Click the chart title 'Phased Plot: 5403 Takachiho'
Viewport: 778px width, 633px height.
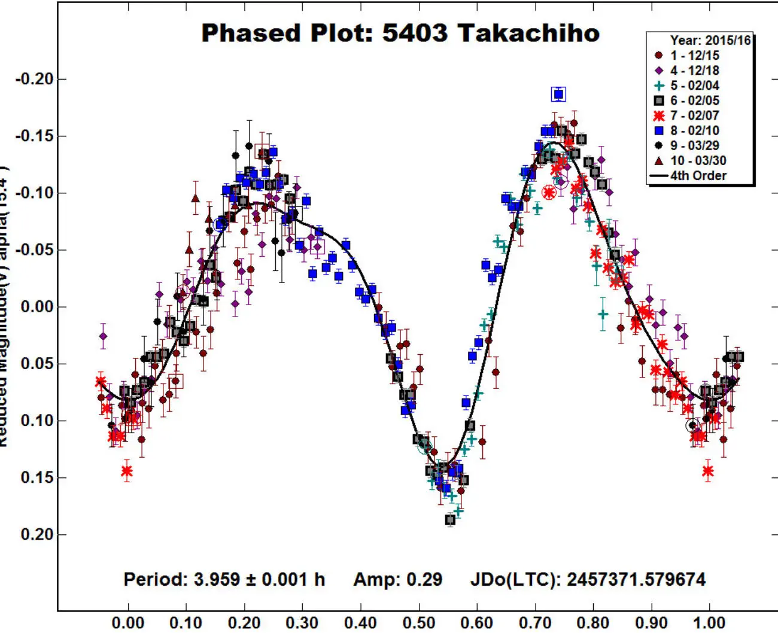pos(400,33)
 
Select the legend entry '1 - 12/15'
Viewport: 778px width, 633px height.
pos(694,56)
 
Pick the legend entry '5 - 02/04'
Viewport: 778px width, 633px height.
pos(694,86)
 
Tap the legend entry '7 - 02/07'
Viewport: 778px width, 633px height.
pos(694,115)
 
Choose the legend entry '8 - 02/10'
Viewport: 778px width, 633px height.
pos(694,130)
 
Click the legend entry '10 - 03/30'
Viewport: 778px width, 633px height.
pos(698,160)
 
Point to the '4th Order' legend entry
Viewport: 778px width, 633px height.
pos(698,176)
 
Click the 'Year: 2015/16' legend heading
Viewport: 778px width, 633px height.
pos(710,41)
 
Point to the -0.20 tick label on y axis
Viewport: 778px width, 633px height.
pos(34,79)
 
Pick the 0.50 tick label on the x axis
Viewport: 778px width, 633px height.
pos(419,622)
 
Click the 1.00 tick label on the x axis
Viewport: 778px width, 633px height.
pos(709,622)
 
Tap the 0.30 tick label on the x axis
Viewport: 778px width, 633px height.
pos(302,622)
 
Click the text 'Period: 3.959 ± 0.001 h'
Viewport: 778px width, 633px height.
pos(224,579)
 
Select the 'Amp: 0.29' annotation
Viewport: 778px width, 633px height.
pos(397,579)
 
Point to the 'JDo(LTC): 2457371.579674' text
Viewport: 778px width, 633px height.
pos(588,579)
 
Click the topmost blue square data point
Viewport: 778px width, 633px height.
pos(558,94)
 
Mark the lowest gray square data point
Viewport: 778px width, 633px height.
pos(450,520)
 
